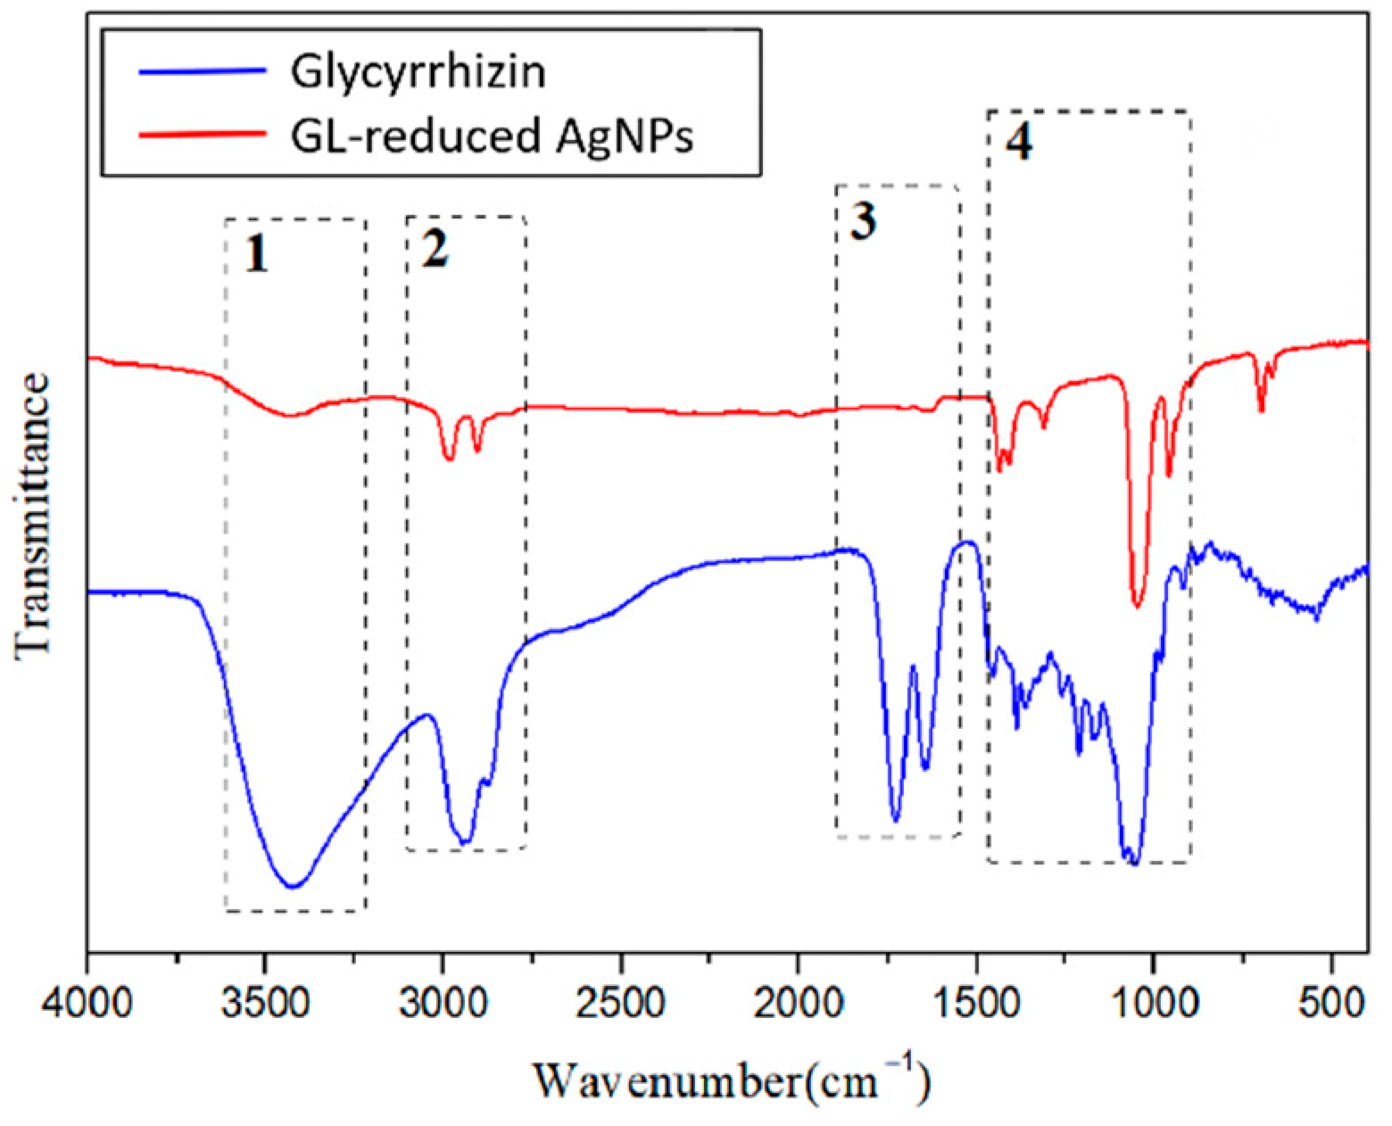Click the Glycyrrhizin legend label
point(418,72)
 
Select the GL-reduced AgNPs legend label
point(492,137)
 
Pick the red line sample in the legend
point(203,134)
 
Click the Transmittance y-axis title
point(33,517)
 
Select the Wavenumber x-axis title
point(732,1081)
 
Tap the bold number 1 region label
point(256,256)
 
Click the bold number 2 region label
point(435,250)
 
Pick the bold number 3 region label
point(862,220)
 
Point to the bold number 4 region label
point(1019,141)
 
